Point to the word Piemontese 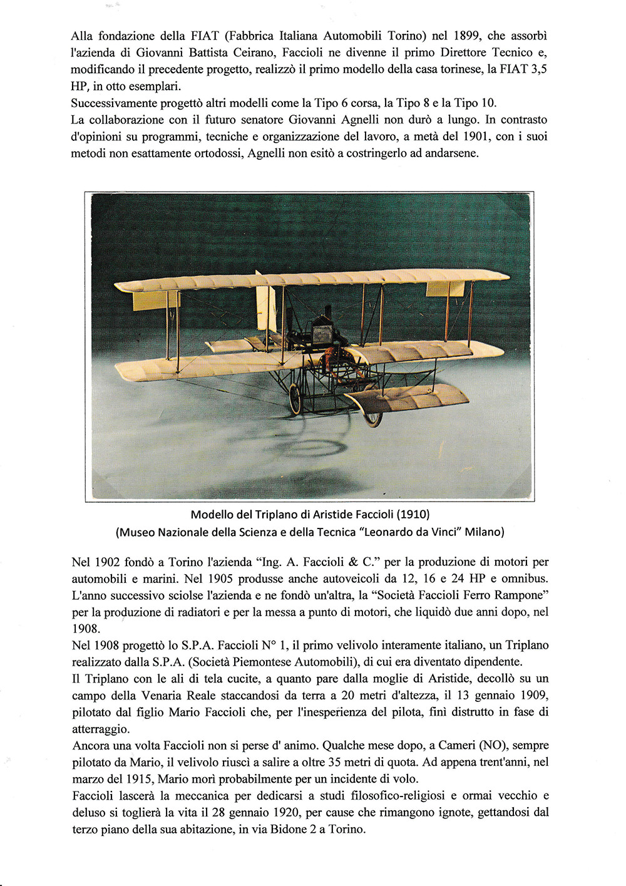pyautogui.click(x=257, y=662)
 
